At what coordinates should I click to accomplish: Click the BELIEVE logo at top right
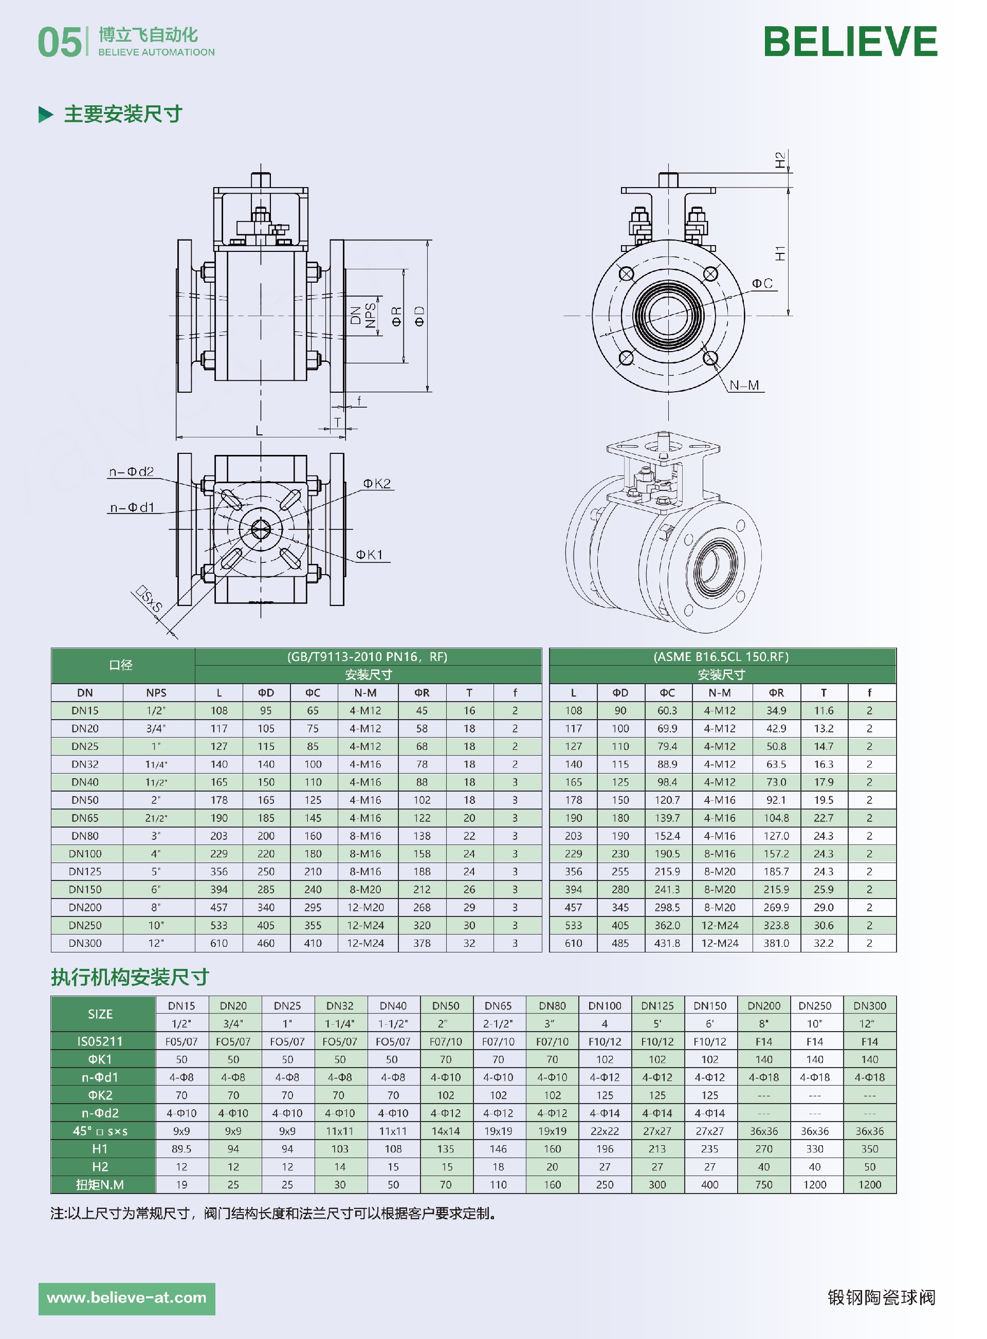click(850, 42)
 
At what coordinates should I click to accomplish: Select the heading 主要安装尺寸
click(122, 114)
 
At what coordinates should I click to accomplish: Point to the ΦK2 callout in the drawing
click(376, 483)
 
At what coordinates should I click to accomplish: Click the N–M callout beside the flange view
click(744, 385)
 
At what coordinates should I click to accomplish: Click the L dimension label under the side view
click(259, 431)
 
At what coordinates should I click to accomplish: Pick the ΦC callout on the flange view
click(762, 283)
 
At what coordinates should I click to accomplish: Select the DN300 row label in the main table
click(85, 943)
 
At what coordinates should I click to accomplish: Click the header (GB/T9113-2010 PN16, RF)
click(368, 656)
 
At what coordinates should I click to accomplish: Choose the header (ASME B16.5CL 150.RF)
click(721, 656)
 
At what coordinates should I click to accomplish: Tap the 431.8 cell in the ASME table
click(667, 943)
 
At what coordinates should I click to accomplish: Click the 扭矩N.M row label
click(100, 1184)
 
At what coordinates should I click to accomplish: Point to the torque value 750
click(763, 1184)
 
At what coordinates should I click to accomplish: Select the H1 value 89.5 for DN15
click(181, 1148)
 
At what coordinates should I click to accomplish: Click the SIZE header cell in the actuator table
click(100, 1014)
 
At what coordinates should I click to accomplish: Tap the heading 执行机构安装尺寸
click(130, 977)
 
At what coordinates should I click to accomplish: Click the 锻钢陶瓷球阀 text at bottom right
click(881, 1297)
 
